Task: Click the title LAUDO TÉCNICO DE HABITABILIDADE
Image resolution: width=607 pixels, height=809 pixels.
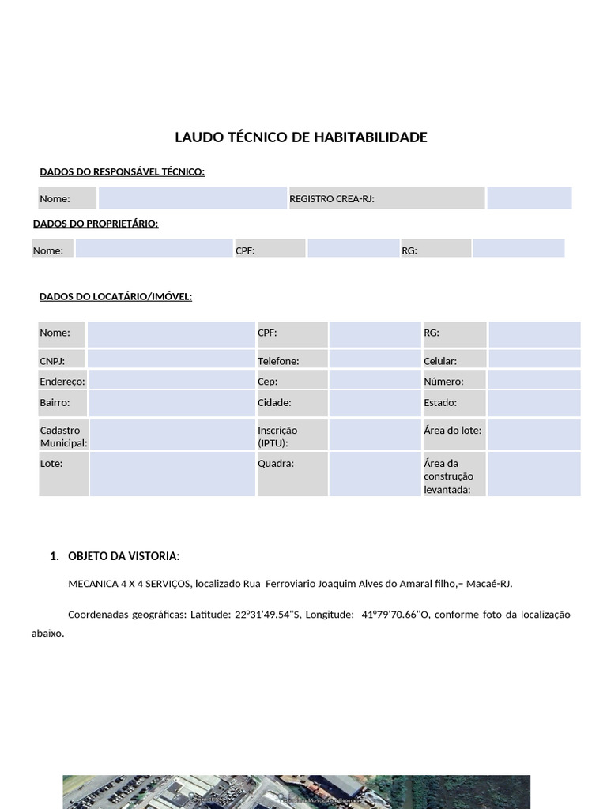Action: [x=300, y=137]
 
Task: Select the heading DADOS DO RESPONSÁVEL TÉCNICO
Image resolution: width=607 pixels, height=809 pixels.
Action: [x=122, y=171]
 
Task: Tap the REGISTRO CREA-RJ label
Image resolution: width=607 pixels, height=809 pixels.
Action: [x=331, y=199]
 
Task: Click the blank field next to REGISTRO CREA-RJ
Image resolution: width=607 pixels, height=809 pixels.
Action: [x=529, y=198]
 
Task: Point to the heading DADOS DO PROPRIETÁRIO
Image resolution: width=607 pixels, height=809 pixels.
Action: [x=96, y=224]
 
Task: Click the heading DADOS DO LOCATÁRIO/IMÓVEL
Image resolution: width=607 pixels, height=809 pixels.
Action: [x=115, y=296]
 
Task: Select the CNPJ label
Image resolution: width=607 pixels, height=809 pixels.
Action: [x=52, y=361]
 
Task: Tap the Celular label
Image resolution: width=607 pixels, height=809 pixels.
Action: [x=440, y=361]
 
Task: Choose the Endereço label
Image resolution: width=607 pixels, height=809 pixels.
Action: [x=62, y=382]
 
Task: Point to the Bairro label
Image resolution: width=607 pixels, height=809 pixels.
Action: [x=55, y=402]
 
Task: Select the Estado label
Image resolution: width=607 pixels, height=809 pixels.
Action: [x=440, y=402]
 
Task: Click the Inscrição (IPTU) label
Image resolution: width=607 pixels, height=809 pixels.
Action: [x=277, y=437]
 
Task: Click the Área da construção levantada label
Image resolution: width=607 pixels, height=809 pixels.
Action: [x=448, y=476]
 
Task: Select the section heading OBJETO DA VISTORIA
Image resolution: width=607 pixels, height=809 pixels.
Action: [x=123, y=556]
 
